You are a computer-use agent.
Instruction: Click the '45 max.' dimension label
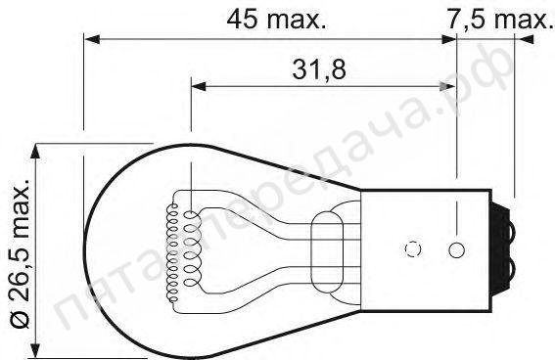coord(275,18)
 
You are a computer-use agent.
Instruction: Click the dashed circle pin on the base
coord(412,249)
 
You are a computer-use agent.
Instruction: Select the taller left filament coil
coord(177,249)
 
